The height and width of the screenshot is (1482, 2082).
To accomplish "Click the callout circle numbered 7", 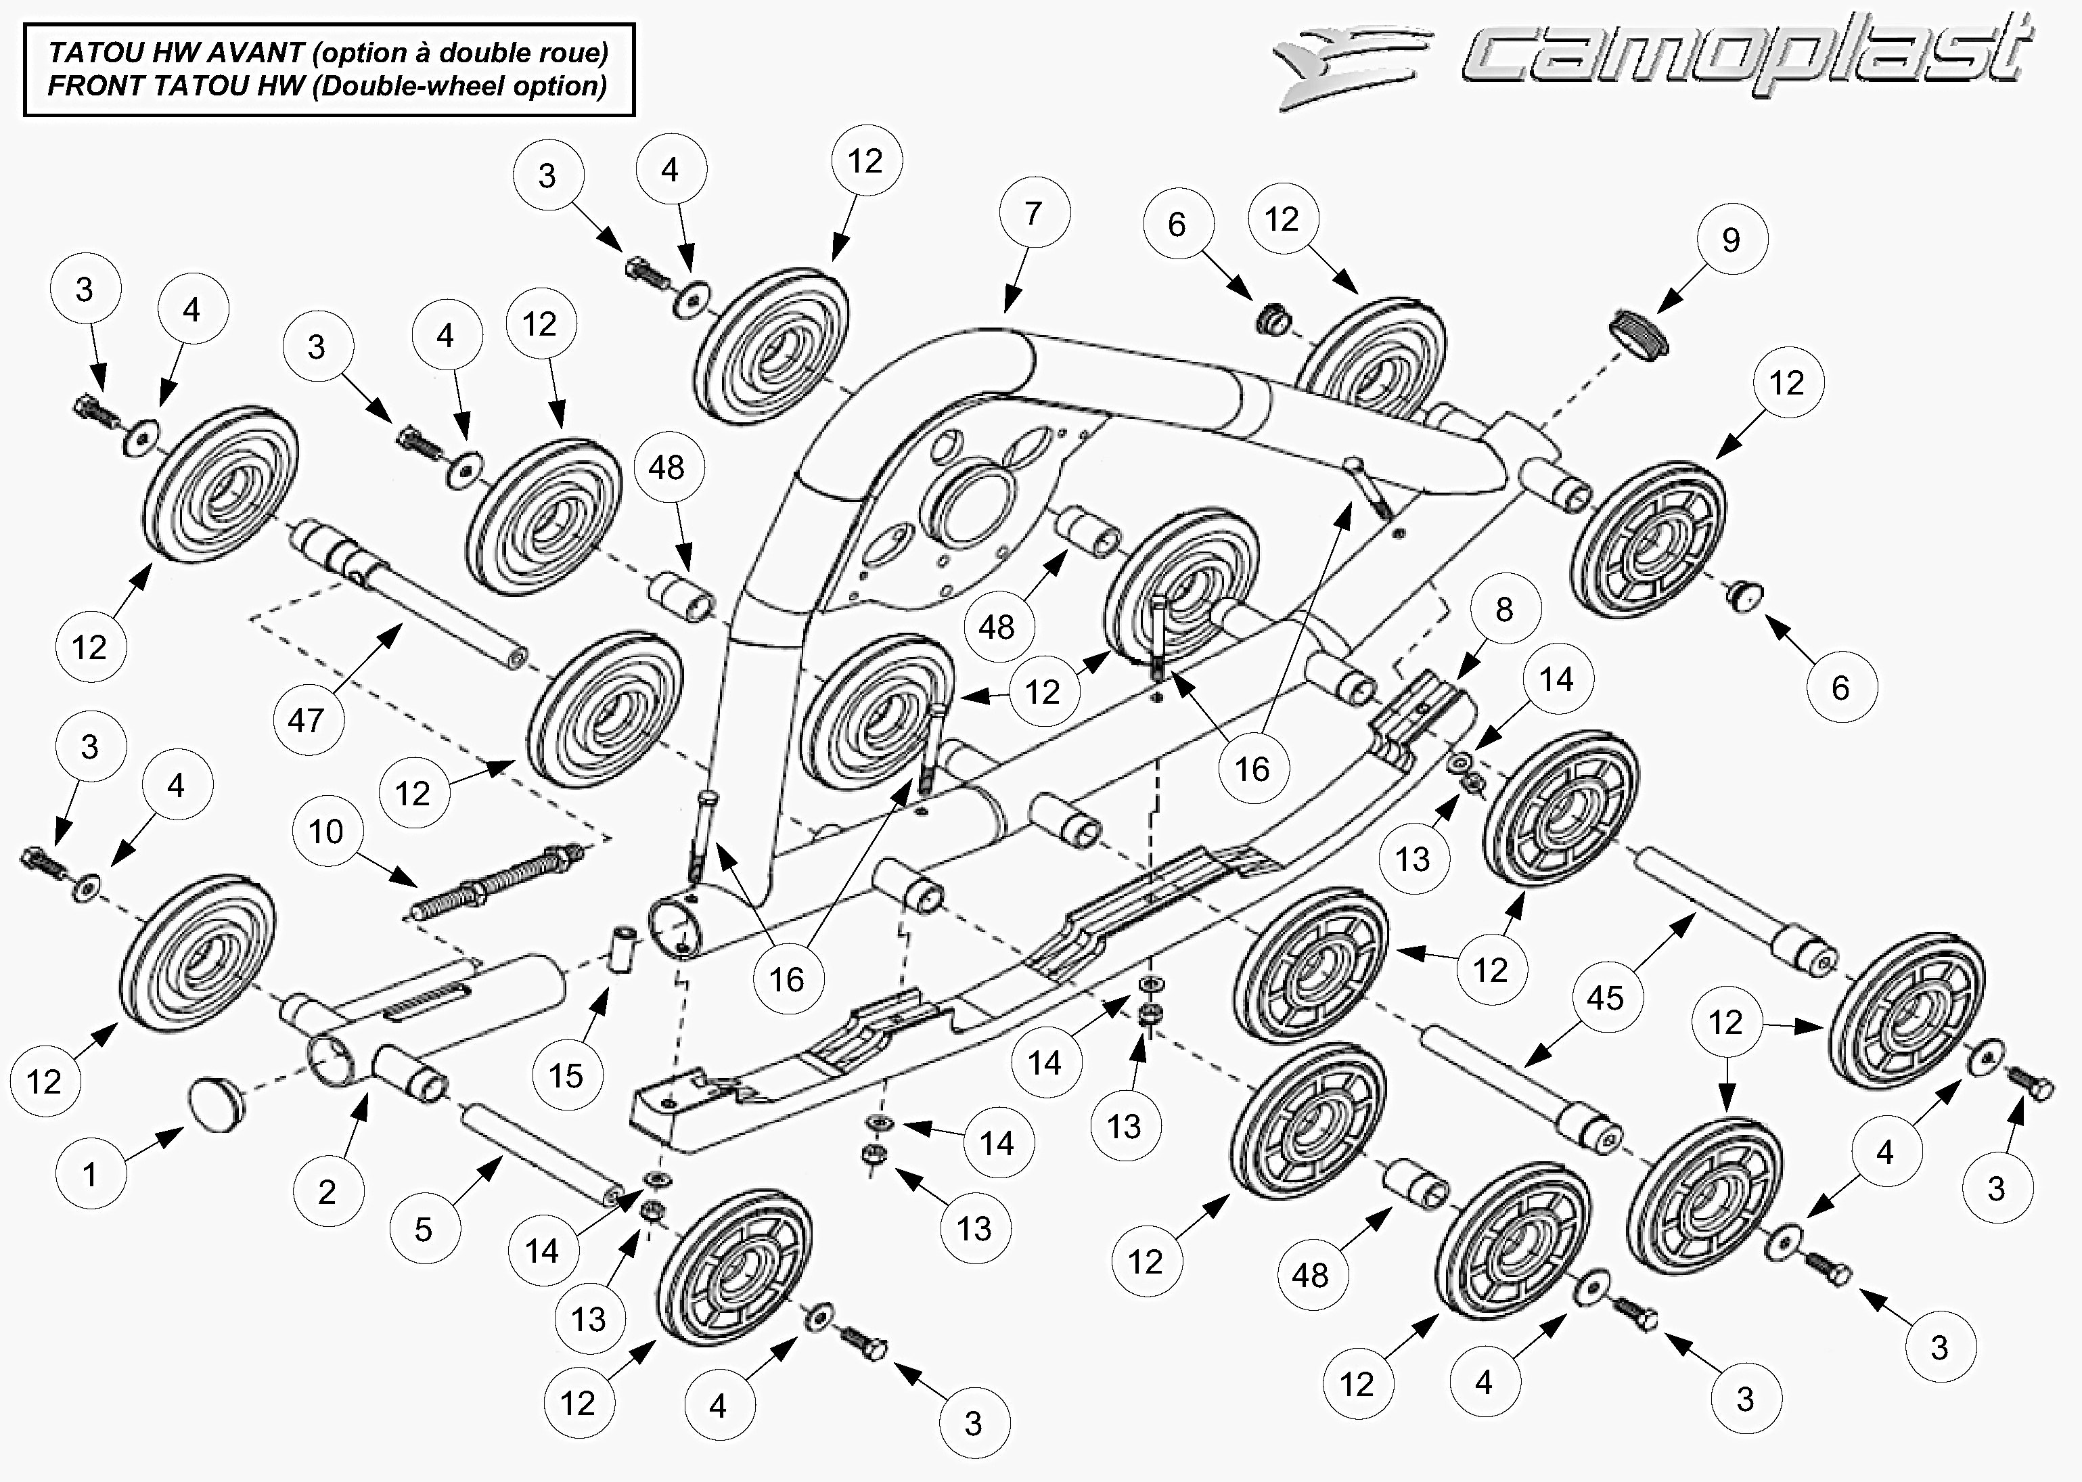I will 1034,214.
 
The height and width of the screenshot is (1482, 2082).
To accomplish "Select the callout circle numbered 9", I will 1732,240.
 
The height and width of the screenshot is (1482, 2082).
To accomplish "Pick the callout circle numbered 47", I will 307,721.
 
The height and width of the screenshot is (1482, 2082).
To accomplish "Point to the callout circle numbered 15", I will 566,1076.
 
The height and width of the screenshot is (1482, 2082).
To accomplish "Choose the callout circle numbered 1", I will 90,1175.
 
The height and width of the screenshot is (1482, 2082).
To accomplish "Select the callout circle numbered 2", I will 327,1192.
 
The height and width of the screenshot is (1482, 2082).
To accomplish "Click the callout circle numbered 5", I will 424,1229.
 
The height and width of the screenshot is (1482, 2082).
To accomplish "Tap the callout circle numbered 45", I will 1605,998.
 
